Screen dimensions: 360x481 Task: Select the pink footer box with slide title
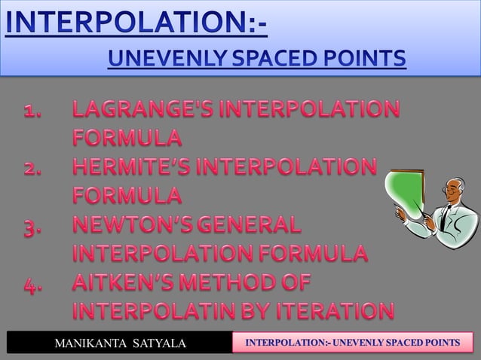point(350,343)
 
